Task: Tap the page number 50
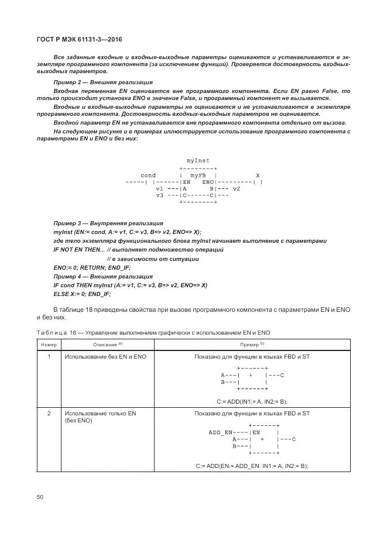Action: (40, 497)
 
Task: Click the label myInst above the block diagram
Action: (198, 160)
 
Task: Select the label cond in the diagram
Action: (148, 176)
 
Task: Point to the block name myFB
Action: (198, 176)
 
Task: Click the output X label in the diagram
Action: (258, 176)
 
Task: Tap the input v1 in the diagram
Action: (159, 189)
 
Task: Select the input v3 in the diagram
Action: (159, 195)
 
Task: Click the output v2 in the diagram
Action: (236, 189)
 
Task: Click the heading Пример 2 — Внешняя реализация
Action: (94, 82)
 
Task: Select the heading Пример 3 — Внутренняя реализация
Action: (100, 223)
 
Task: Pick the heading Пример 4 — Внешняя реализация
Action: (94, 276)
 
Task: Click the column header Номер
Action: (48, 345)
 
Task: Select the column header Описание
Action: (105, 345)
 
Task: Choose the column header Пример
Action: (252, 345)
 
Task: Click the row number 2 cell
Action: (49, 414)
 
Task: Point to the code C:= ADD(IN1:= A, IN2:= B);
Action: (252, 401)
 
